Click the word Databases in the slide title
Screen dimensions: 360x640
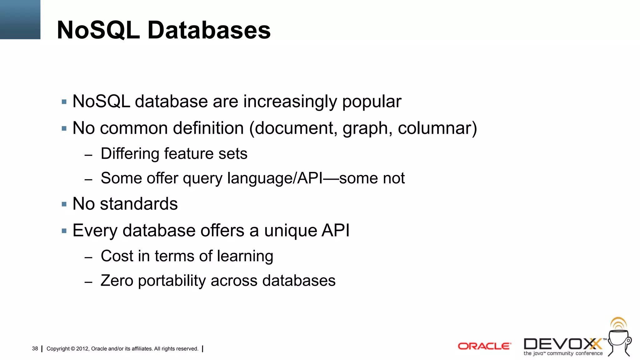[209, 30]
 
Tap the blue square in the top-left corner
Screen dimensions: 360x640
[20, 19]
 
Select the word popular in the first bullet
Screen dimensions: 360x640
[372, 102]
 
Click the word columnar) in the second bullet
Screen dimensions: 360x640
[437, 128]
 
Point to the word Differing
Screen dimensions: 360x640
[130, 154]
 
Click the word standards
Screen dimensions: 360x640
[139, 204]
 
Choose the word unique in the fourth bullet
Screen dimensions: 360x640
[291, 231]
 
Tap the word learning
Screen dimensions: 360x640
[245, 256]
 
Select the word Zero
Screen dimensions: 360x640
[117, 280]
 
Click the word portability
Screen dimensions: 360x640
[172, 281]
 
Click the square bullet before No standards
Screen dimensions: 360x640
[64, 204]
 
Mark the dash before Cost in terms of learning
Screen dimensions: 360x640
[88, 257]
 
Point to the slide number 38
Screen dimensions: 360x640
[35, 348]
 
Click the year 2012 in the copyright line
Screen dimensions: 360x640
[82, 349]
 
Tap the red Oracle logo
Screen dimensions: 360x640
[484, 346]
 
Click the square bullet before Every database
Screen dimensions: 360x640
[64, 231]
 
